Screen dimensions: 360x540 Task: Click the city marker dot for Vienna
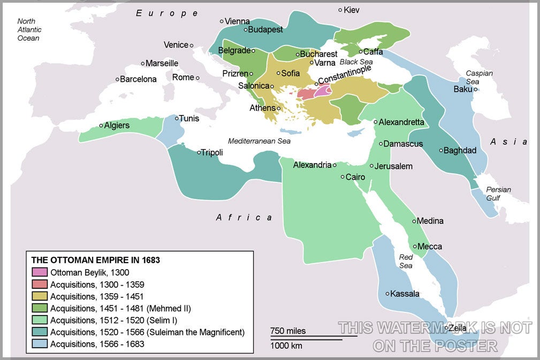click(x=222, y=21)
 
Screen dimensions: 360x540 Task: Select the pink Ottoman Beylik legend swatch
click(x=40, y=272)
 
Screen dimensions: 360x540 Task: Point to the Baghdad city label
click(x=460, y=150)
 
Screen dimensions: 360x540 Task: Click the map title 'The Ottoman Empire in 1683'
click(x=96, y=260)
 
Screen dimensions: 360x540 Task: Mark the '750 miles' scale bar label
click(x=288, y=331)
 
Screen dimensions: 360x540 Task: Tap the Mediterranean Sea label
click(x=259, y=141)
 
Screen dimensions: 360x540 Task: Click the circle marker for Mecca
click(x=415, y=247)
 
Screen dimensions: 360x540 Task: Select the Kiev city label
click(x=352, y=10)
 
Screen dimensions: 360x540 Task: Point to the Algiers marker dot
click(x=101, y=126)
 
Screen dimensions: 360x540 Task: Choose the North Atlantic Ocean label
click(x=29, y=30)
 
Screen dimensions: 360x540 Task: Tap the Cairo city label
click(x=355, y=177)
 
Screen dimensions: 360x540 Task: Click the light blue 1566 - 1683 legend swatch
click(x=40, y=344)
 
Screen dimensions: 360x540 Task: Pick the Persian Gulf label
click(x=498, y=194)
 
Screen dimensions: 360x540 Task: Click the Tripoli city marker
click(x=199, y=152)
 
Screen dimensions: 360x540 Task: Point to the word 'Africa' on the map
click(x=244, y=217)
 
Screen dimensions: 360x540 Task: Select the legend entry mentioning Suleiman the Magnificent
click(x=147, y=332)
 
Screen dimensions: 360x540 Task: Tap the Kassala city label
click(x=405, y=294)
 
